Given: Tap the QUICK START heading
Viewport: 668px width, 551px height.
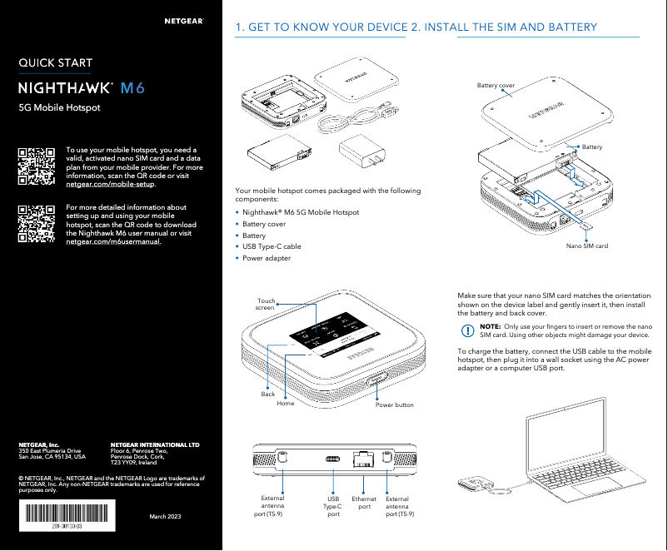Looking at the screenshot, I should pyautogui.click(x=56, y=62).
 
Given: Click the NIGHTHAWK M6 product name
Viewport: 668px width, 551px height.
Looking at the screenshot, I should pyautogui.click(x=82, y=87).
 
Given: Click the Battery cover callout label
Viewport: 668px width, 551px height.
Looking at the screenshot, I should pyautogui.click(x=495, y=86).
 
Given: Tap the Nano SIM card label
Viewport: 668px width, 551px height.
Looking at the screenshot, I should pyautogui.click(x=586, y=246).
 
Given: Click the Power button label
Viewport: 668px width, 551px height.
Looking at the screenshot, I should pyautogui.click(x=394, y=405).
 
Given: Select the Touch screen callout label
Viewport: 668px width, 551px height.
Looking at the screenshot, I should pyautogui.click(x=266, y=305).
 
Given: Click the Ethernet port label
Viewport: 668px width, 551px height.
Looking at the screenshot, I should pyautogui.click(x=364, y=503).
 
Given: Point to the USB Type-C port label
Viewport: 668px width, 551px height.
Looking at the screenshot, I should pyautogui.click(x=333, y=506).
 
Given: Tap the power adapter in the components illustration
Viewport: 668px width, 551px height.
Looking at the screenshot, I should pyautogui.click(x=360, y=156).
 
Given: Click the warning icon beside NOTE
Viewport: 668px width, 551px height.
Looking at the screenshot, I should pyautogui.click(x=467, y=330).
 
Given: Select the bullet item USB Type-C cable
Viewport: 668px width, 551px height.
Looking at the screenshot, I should pyautogui.click(x=272, y=247).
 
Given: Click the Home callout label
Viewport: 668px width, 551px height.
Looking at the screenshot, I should pyautogui.click(x=286, y=403).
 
